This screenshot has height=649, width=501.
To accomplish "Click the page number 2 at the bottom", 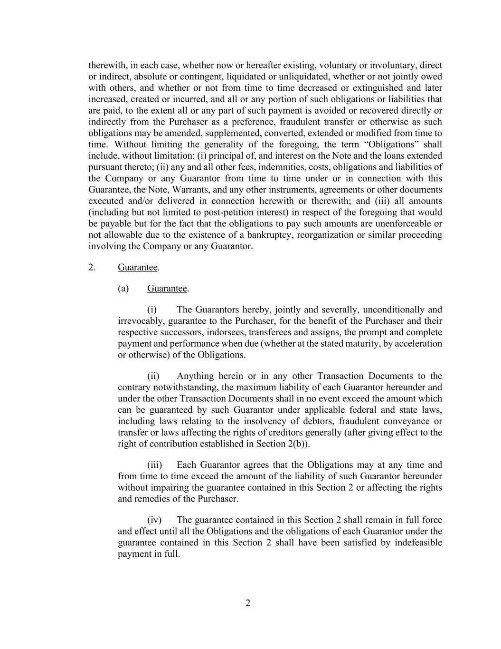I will click(248, 603).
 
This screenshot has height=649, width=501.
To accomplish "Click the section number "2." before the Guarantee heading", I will click(92, 267).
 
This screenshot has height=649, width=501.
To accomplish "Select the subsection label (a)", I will click(123, 289).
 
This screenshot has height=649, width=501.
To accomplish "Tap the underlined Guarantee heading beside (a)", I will click(167, 289).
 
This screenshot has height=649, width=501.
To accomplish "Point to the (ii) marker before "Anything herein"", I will click(153, 376).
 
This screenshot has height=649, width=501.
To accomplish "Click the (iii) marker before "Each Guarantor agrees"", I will click(155, 465).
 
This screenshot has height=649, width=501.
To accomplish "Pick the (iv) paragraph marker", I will click(154, 520).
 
